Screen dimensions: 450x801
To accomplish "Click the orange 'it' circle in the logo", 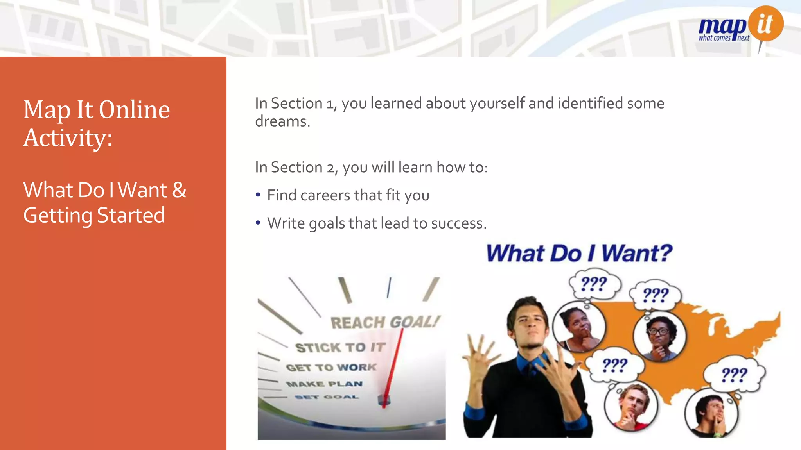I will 766,23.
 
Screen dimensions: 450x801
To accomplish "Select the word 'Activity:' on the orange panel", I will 68,138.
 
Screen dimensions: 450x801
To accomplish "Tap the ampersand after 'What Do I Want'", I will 179,190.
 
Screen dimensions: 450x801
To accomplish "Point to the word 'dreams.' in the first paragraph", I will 282,121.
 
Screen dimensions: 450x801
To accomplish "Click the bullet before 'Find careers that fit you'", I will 258,195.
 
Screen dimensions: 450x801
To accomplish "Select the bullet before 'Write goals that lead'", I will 258,223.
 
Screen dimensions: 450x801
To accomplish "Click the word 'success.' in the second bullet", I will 459,223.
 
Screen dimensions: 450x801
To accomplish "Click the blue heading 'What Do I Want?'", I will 579,253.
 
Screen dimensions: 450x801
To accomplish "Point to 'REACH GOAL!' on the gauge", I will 385,322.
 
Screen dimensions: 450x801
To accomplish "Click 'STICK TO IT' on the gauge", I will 340,347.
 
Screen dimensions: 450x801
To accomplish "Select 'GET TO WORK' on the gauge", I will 331,368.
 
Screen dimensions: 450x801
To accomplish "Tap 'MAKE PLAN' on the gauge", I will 324,384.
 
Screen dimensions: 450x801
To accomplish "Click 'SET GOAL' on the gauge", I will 327,397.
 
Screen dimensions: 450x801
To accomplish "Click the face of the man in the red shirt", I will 632,402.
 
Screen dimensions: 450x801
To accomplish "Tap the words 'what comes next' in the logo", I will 724,38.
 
